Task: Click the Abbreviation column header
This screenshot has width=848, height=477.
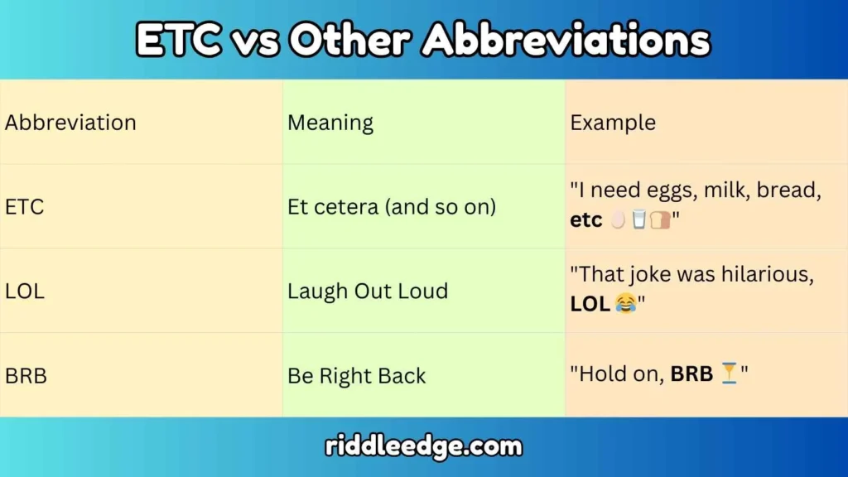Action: tap(70, 123)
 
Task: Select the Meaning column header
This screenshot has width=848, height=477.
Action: tap(330, 123)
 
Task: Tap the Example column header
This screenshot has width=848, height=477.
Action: tap(613, 123)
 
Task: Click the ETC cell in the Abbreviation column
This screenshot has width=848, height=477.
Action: tap(25, 207)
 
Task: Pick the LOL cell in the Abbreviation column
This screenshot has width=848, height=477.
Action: tap(25, 291)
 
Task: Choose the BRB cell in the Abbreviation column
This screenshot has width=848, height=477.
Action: tap(26, 376)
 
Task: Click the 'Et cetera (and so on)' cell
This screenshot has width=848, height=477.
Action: tap(392, 207)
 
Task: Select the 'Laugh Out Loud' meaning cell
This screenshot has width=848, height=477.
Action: tap(368, 291)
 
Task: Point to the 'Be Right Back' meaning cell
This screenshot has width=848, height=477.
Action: tap(357, 376)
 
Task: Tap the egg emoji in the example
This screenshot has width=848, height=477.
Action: tap(617, 221)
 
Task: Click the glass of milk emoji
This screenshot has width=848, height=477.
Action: tap(638, 221)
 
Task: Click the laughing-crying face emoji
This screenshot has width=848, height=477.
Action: tap(625, 305)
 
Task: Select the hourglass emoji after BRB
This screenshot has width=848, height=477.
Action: tap(729, 374)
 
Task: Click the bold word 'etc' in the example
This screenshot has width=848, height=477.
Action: tap(586, 221)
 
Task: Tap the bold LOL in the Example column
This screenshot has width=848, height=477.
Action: tap(590, 305)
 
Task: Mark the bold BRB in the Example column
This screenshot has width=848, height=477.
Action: tap(691, 374)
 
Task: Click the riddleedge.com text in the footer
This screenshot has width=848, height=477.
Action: tap(424, 447)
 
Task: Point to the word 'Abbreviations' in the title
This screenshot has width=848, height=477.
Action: tap(566, 40)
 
